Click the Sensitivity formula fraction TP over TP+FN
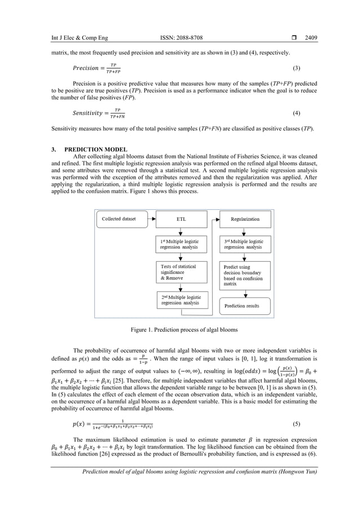coord(117,113)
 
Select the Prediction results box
coord(244,306)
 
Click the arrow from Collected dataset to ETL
coord(150,219)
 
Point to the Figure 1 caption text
coord(180,329)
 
